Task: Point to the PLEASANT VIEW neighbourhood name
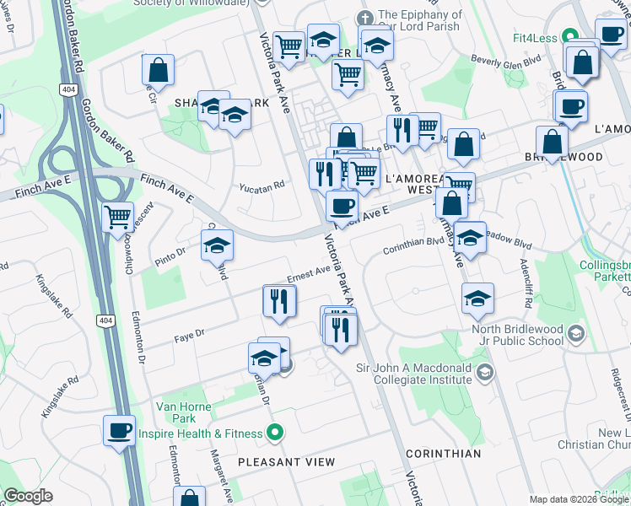tap(286, 462)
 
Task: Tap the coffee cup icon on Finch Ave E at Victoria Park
tap(342, 206)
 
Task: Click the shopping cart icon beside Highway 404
tap(117, 217)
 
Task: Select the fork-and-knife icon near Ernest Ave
tap(279, 301)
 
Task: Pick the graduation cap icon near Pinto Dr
tap(218, 246)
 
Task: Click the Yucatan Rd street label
tap(262, 188)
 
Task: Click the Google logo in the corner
tap(28, 496)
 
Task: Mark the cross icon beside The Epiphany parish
tap(364, 18)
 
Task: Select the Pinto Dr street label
tap(170, 252)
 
